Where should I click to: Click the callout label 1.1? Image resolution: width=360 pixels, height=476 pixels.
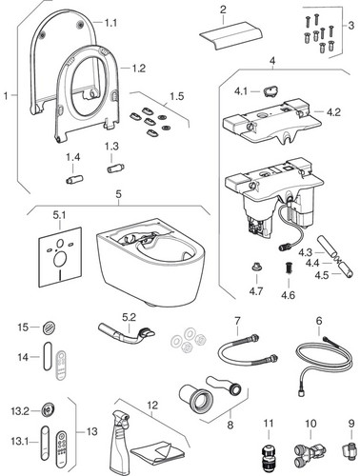point(110,23)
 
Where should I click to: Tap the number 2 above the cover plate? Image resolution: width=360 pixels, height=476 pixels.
point(223,10)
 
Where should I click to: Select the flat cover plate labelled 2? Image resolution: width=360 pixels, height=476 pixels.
point(230,35)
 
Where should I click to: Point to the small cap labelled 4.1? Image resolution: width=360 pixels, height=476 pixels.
point(270,90)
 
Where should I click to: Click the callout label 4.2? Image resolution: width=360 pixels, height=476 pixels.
point(333,112)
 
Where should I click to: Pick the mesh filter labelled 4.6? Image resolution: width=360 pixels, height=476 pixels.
point(288,268)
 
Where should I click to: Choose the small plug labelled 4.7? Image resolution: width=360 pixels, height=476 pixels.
point(256,268)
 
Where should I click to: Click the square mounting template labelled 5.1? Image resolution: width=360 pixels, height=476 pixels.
point(60,257)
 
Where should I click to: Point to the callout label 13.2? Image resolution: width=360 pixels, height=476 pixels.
point(20,411)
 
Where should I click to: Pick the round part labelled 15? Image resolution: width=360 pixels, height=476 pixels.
point(50,327)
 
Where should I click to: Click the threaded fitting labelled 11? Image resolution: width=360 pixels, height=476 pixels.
point(269,456)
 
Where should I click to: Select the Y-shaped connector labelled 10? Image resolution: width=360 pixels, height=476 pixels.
point(310,451)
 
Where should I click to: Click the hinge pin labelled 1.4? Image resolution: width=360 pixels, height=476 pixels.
point(74,179)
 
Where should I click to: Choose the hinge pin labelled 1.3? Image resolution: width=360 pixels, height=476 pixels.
point(115,168)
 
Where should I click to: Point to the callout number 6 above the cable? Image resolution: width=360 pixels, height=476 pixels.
point(319,321)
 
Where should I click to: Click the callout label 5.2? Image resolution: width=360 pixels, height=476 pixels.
point(130,317)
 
